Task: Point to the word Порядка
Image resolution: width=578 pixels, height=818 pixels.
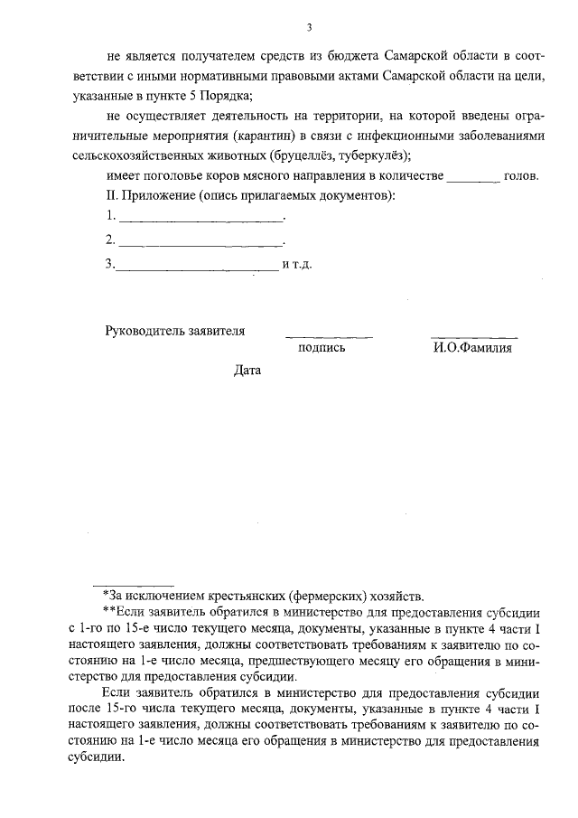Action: click(x=220, y=95)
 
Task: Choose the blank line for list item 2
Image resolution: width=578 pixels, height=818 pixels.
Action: click(x=201, y=244)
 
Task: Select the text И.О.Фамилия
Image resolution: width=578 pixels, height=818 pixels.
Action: click(x=472, y=348)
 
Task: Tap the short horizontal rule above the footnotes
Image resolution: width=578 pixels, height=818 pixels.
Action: click(x=135, y=584)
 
